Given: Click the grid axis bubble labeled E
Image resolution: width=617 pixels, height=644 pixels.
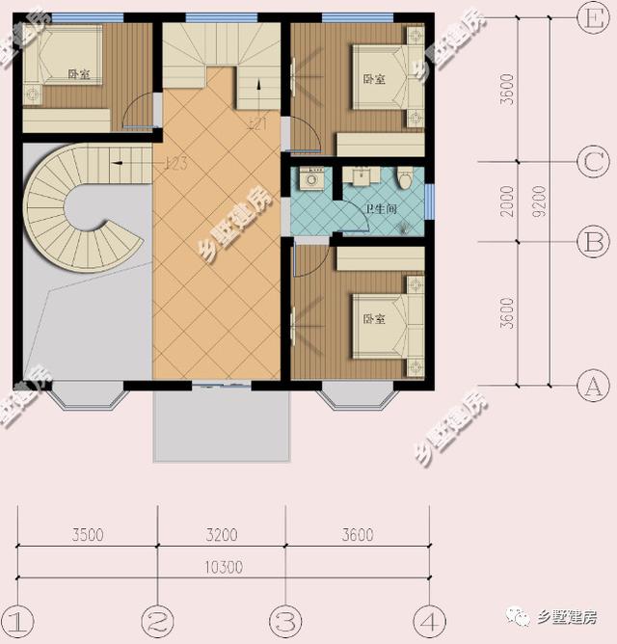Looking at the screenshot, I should (x=589, y=16).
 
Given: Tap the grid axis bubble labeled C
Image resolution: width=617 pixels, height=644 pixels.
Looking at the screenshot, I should (x=589, y=162).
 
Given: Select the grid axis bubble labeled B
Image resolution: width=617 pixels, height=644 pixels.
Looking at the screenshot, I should (x=589, y=241).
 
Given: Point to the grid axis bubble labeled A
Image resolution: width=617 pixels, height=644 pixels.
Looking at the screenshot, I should (x=589, y=387).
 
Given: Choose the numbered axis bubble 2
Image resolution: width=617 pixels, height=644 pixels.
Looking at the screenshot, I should (x=156, y=618).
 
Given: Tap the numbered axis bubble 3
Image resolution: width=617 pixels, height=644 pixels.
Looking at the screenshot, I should (x=285, y=618).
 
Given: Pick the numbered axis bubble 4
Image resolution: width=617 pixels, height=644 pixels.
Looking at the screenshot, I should (x=427, y=618).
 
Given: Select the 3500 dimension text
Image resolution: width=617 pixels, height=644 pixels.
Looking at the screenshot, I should (x=87, y=535).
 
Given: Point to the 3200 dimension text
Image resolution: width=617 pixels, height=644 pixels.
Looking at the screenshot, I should (x=221, y=535).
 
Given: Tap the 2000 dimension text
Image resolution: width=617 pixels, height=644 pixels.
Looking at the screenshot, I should (x=508, y=201).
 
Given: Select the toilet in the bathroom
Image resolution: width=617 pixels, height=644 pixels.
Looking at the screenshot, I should (x=406, y=176).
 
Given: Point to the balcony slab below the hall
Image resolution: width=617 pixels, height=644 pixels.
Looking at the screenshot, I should (x=221, y=425).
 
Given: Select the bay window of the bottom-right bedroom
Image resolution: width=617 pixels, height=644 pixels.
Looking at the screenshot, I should (x=358, y=394).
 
